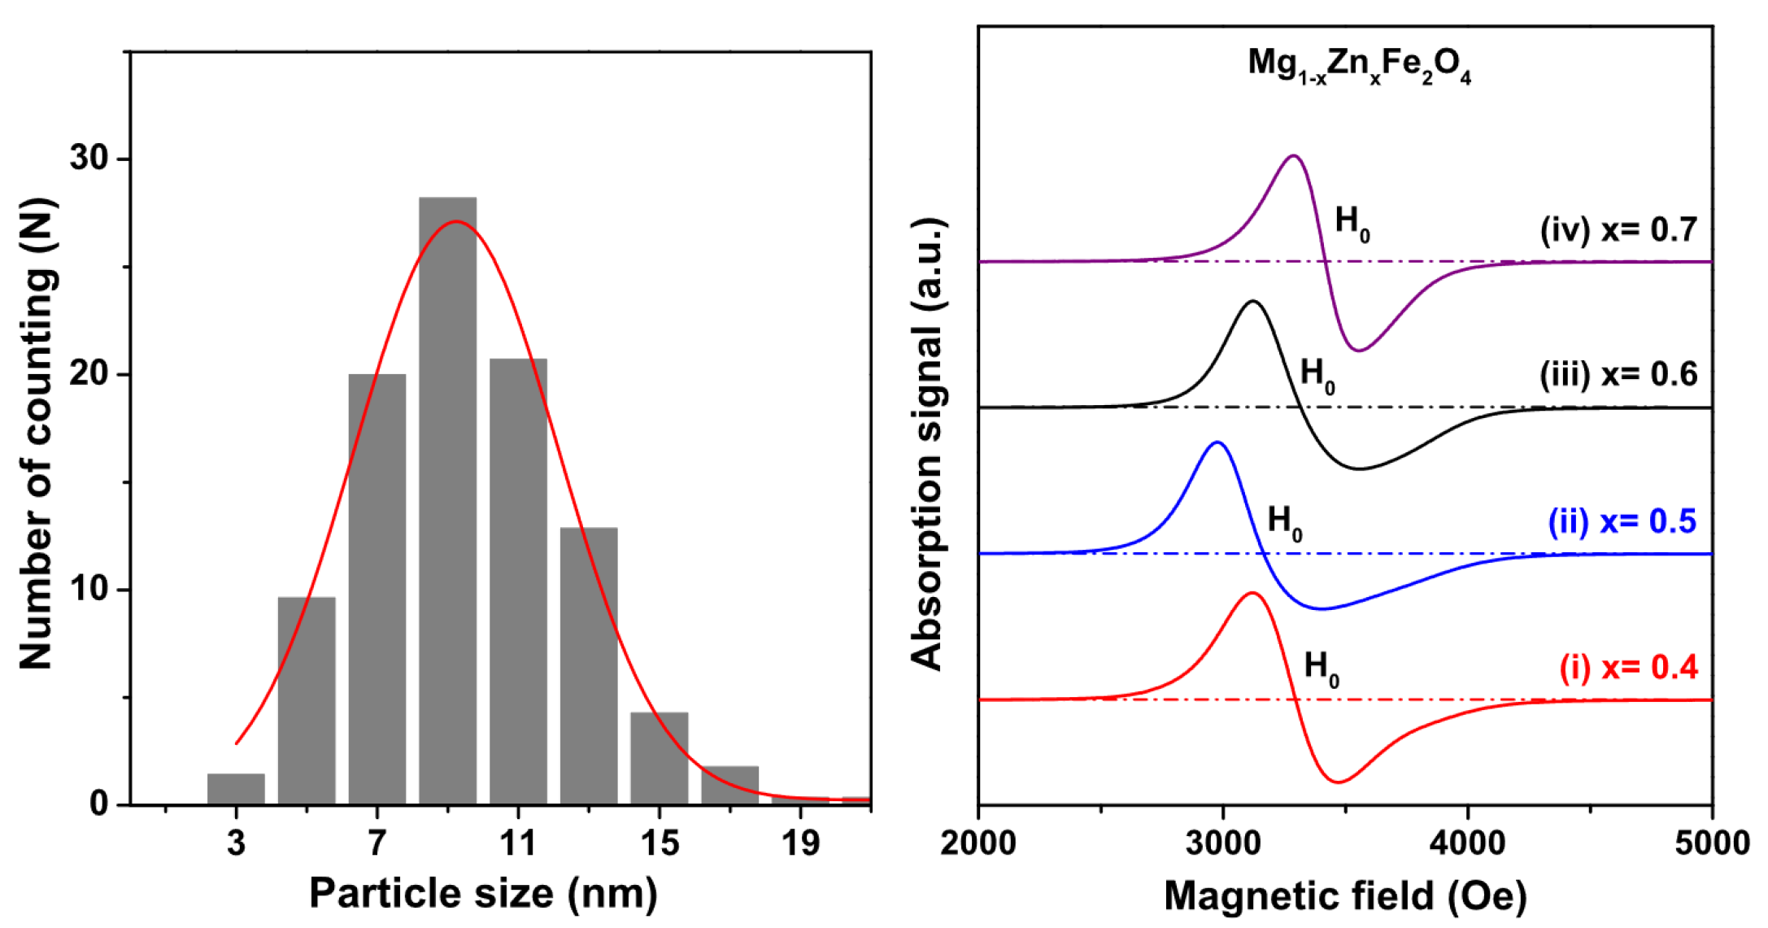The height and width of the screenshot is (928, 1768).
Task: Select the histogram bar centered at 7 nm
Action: click(x=377, y=590)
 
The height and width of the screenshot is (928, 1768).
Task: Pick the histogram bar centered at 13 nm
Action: click(x=589, y=667)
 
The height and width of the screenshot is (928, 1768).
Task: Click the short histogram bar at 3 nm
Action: click(x=236, y=789)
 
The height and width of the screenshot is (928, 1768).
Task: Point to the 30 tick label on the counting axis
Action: click(x=89, y=158)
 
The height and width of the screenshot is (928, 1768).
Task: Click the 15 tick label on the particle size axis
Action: click(x=659, y=843)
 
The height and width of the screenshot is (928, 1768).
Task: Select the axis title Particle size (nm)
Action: click(x=483, y=893)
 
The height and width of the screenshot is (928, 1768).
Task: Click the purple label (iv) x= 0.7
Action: click(x=1618, y=229)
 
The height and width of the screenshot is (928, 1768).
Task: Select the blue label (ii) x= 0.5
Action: click(x=1622, y=521)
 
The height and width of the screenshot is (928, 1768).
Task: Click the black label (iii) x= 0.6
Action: click(x=1618, y=374)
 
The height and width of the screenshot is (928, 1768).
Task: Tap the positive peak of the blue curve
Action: click(x=1217, y=442)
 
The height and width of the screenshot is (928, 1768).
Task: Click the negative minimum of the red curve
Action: click(x=1339, y=782)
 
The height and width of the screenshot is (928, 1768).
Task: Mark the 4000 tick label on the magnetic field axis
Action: click(x=1468, y=843)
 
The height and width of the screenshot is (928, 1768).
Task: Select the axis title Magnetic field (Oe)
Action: click(x=1345, y=895)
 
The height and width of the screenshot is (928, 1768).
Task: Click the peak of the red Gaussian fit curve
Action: click(x=456, y=221)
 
